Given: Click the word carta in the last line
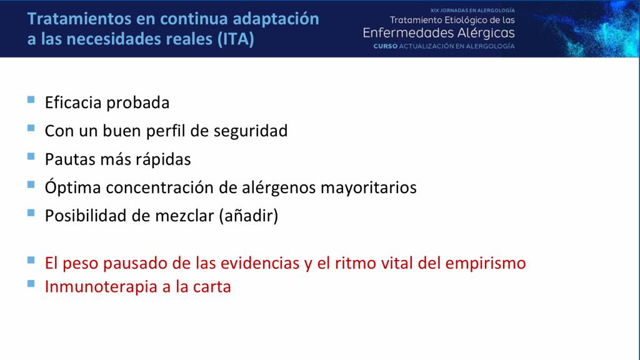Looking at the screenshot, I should pyautogui.click(x=212, y=287).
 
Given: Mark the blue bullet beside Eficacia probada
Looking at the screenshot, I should pyautogui.click(x=31, y=99).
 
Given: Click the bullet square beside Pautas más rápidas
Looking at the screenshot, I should pyautogui.click(x=31, y=156).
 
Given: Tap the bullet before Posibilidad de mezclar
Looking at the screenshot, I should pyautogui.click(x=31, y=213).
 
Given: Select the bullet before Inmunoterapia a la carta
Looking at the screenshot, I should pyautogui.click(x=31, y=284).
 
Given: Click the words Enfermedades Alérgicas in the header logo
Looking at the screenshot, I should pyautogui.click(x=439, y=33).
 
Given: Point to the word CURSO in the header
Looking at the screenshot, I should pyautogui.click(x=385, y=47).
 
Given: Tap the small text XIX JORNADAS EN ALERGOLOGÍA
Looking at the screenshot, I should pyautogui.click(x=472, y=11).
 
